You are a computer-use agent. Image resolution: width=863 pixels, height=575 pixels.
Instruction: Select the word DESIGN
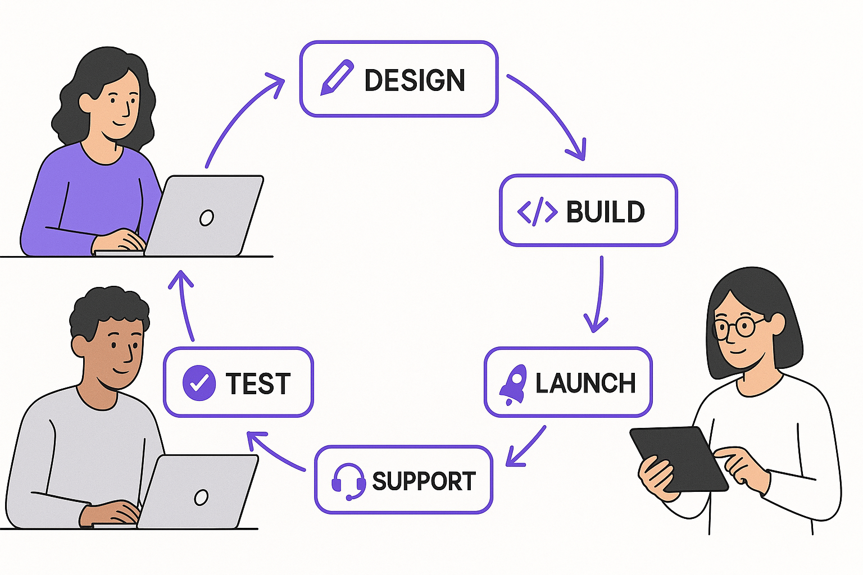[x=415, y=80]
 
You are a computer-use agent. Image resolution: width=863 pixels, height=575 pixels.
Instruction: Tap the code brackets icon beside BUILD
[x=537, y=212]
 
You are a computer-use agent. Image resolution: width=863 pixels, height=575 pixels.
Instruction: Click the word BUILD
[x=605, y=212]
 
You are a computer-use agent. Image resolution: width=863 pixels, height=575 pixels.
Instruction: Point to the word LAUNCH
[x=585, y=384]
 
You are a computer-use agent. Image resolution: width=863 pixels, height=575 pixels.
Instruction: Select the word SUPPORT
[x=424, y=481]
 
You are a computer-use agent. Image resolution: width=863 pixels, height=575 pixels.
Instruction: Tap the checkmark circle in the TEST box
[x=199, y=383]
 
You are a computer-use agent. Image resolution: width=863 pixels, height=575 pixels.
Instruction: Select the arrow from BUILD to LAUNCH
[x=599, y=295]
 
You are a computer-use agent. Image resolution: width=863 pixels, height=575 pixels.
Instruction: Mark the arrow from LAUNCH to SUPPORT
[x=526, y=446]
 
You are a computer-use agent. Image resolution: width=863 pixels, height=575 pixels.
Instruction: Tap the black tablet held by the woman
[x=679, y=458]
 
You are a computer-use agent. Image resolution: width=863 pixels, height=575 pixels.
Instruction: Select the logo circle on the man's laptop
[x=201, y=497]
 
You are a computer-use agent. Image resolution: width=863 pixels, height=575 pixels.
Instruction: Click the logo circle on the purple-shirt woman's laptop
[x=206, y=217]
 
